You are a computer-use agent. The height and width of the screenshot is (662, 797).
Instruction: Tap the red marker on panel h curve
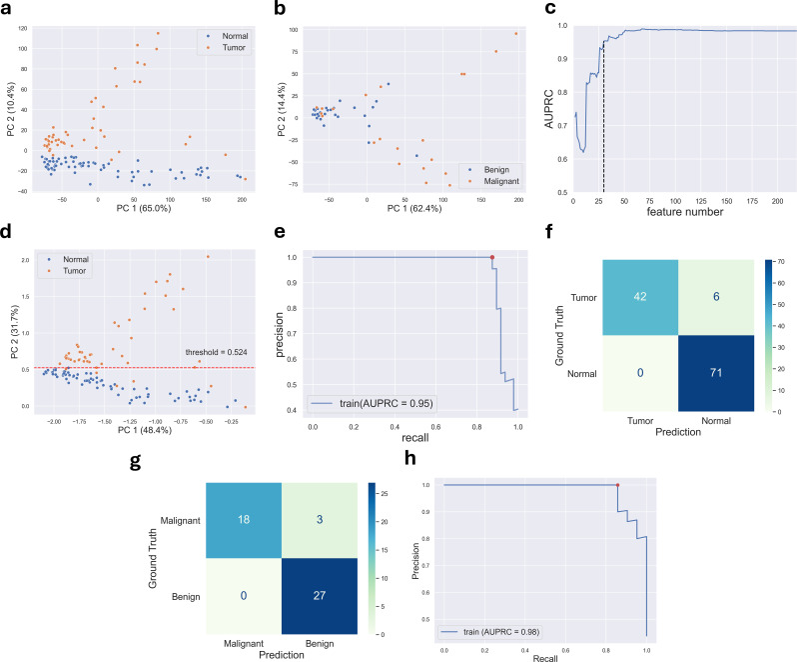618,485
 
